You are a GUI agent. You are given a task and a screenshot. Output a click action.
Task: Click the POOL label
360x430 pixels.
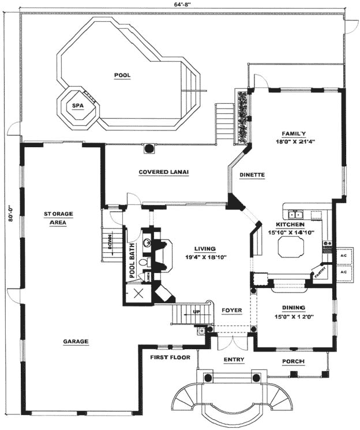tap(122, 75)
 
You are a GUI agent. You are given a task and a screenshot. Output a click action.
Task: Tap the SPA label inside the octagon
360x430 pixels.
tap(77, 106)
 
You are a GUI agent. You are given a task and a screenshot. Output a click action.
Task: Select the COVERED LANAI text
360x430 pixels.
tap(164, 171)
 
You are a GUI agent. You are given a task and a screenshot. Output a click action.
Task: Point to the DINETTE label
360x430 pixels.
tap(253, 174)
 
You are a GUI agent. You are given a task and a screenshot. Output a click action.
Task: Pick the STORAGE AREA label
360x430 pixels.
tap(59, 218)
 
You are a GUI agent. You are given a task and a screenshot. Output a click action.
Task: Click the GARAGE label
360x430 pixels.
tap(76, 341)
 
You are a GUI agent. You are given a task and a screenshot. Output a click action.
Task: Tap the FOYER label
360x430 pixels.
tap(232, 311)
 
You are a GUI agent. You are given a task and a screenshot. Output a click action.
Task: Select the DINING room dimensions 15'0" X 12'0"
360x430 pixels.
tap(294, 316)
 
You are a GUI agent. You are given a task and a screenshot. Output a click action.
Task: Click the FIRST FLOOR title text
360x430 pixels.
tap(169, 357)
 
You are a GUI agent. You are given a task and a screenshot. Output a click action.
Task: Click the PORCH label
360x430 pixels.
tap(293, 361)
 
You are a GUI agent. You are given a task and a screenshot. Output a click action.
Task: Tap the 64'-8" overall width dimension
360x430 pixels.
tap(182, 4)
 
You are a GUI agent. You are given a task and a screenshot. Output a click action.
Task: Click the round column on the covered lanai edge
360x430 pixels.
tap(148, 148)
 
